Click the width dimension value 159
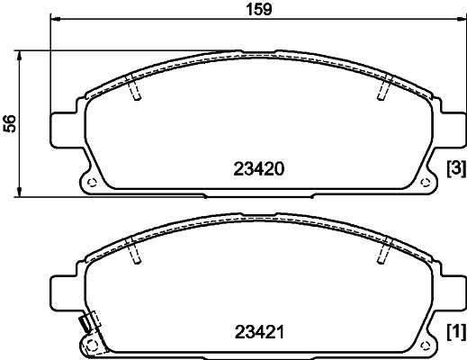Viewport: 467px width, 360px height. coord(259,9)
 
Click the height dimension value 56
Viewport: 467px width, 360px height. coord(10,123)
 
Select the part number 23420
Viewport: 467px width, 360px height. coord(259,169)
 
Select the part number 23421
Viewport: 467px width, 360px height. coord(259,332)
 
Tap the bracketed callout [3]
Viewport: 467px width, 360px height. coord(456,168)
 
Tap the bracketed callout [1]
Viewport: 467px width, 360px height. coord(456,332)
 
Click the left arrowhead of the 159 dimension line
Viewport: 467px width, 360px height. coord(55,19)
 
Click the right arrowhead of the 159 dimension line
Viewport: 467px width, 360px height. coord(462,19)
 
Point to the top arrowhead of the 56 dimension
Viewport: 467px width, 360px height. coord(19,56)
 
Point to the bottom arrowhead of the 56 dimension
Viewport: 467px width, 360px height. coord(19,192)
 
